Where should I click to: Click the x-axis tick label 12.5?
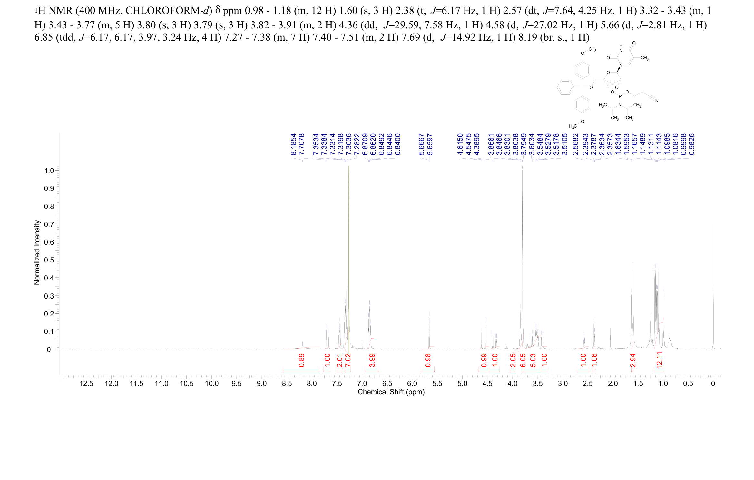[86, 384]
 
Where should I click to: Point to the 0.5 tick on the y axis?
[49, 260]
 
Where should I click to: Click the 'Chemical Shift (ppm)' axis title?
[391, 392]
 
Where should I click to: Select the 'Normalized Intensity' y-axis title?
[37, 252]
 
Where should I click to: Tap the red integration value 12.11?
[659, 360]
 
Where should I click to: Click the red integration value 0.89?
[301, 360]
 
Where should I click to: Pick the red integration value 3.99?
[372, 360]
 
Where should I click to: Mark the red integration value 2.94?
[633, 360]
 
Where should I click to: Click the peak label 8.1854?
[293, 144]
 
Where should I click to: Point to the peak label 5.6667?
[421, 144]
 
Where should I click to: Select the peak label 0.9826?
[691, 144]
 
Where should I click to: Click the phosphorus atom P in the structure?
[620, 97]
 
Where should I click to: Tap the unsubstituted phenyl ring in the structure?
[565, 87]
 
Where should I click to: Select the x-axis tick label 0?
[713, 384]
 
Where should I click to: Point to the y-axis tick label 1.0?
[49, 171]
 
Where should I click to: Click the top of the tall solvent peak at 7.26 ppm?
[349, 166]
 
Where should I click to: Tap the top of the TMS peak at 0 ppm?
[713, 225]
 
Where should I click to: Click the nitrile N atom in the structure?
[657, 101]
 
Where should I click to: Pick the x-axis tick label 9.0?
[262, 384]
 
